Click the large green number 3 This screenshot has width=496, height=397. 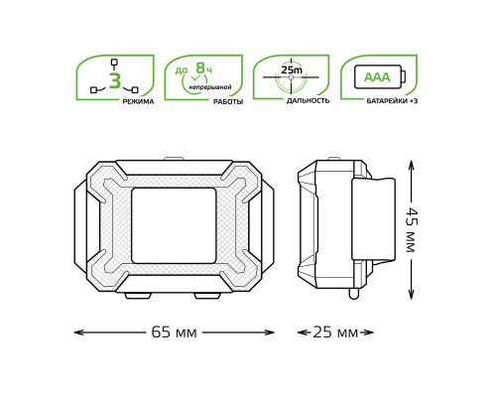[114, 81]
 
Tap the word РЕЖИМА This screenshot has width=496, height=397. [138, 101]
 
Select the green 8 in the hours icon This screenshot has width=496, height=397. [200, 68]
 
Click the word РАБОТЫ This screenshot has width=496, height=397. [227, 101]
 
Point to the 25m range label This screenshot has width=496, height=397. [292, 70]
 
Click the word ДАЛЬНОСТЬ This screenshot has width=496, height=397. [308, 100]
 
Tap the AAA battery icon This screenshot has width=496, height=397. [378, 76]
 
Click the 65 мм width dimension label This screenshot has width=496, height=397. [174, 332]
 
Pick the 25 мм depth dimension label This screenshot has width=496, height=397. [335, 332]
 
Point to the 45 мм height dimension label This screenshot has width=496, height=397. [410, 229]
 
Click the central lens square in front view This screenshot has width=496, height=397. [174, 225]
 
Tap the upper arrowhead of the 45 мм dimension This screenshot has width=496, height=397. [411, 165]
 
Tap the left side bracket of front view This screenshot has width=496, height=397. [80, 226]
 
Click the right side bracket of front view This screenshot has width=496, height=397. [267, 226]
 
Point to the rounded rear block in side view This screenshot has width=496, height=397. [373, 219]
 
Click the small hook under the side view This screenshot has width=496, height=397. [353, 294]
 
